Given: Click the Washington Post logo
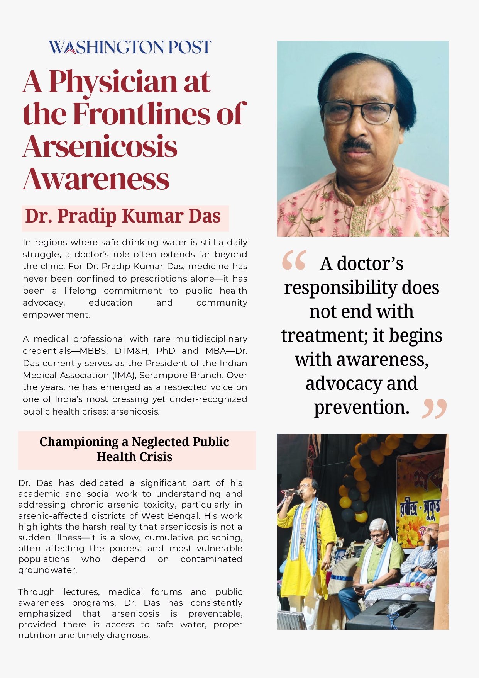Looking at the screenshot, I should coord(130,47).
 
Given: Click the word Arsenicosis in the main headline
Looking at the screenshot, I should coord(100,147).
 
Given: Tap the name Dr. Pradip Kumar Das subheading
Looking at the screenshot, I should coord(123,216).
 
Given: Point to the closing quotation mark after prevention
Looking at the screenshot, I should coord(435,409).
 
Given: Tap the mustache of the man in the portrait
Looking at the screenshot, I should coord(356,144).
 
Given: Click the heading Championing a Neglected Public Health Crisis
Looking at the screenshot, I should coord(134,449).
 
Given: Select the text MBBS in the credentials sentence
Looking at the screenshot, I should coord(129,351).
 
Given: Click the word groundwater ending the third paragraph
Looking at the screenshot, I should coord(47,570).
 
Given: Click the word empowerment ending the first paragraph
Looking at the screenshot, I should coord(56,315).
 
